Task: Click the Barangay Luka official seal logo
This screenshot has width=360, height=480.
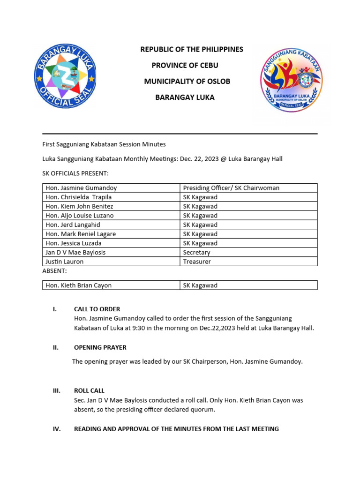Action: [x=65, y=76]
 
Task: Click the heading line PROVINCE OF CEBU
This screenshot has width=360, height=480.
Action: [x=185, y=65]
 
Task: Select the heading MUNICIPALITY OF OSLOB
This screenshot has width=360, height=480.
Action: [x=187, y=81]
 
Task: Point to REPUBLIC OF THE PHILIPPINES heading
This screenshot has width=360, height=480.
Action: [x=192, y=49]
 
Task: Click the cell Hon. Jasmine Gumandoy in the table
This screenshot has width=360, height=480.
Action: [x=81, y=188]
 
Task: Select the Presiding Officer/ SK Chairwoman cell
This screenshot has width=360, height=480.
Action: [x=231, y=188]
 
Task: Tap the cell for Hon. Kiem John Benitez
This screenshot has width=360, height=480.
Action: [x=79, y=206]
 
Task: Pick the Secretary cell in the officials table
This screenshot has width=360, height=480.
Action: [x=196, y=252]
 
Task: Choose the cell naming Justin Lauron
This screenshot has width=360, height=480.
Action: [x=64, y=262]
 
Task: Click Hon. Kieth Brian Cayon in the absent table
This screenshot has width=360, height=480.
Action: [x=78, y=285]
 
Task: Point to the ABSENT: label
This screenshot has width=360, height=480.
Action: [x=54, y=271]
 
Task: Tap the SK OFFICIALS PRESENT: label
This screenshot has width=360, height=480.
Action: [x=75, y=173]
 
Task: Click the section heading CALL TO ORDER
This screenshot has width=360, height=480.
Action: [x=97, y=309]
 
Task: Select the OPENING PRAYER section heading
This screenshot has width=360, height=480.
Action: [x=100, y=348]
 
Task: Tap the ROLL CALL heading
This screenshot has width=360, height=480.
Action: [x=89, y=390]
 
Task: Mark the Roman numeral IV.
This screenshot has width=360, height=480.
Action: [x=56, y=429]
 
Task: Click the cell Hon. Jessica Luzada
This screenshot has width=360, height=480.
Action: [x=74, y=243]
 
